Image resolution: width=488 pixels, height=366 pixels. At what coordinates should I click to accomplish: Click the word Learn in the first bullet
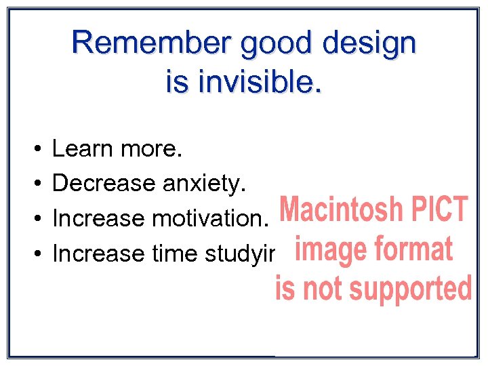coord(82,148)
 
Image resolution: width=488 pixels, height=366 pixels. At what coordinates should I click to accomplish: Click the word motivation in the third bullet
coord(211,219)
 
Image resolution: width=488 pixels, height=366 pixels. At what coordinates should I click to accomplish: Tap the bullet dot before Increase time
coord(35,254)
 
